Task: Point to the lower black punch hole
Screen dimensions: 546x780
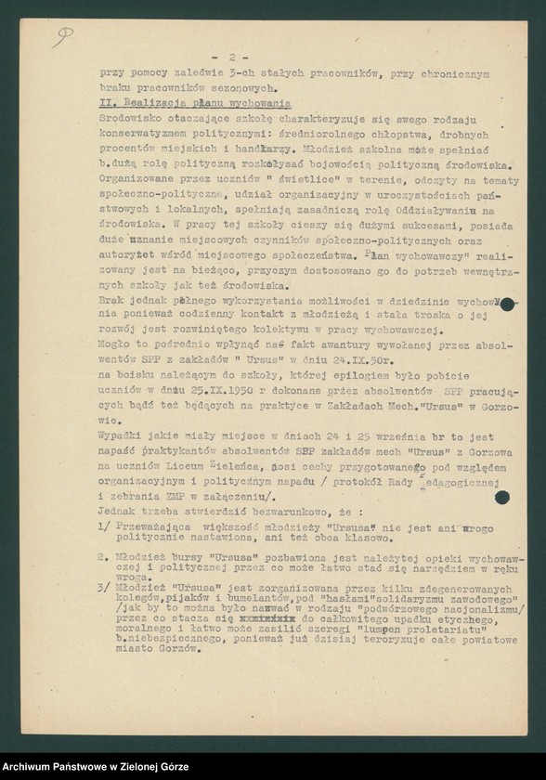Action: (502, 497)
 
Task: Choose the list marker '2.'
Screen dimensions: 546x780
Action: (105, 558)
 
